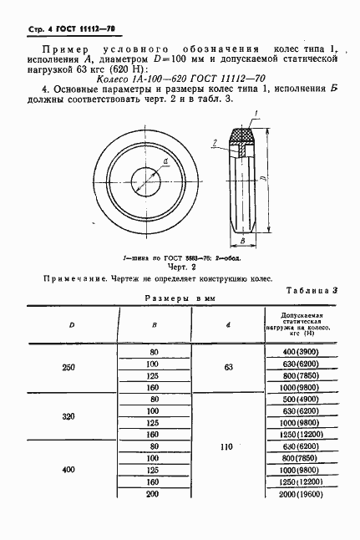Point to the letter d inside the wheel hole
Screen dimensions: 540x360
coord(165,162)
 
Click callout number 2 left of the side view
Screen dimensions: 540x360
coord(215,144)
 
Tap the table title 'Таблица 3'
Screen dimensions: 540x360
coord(312,291)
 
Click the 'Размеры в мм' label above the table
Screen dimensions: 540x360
coord(180,298)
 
